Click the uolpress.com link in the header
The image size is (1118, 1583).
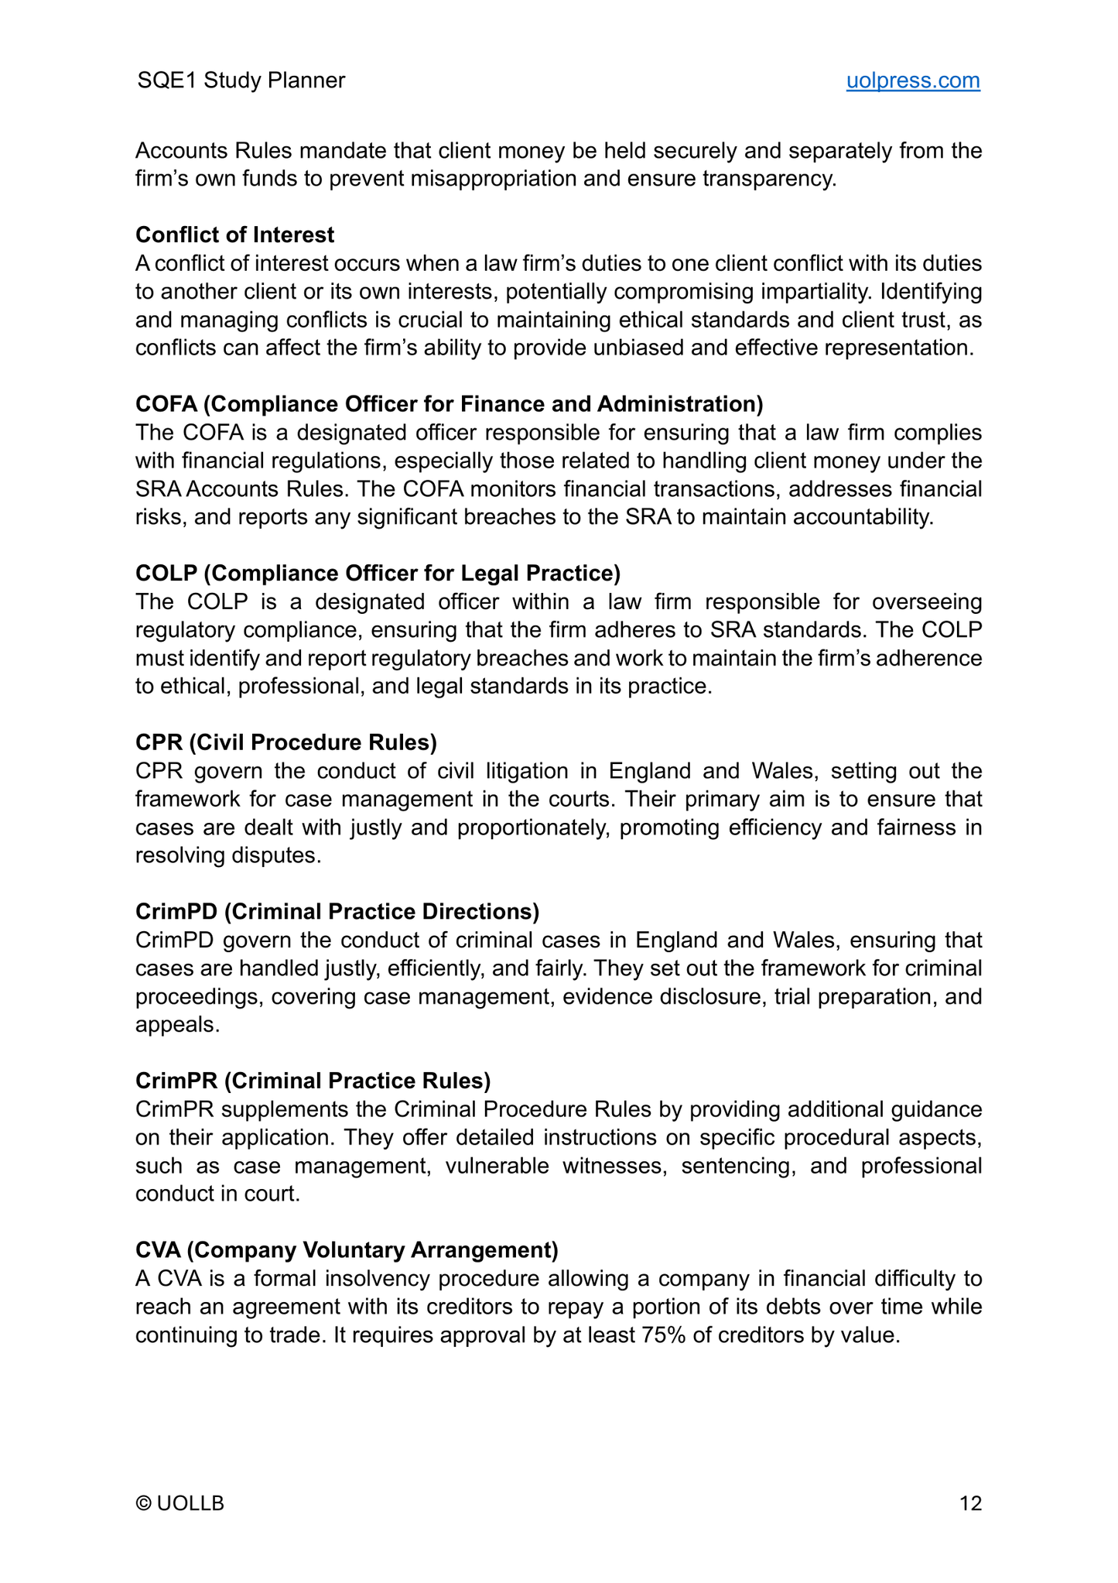912,81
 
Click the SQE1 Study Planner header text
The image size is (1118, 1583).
241,81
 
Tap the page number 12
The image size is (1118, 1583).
970,1503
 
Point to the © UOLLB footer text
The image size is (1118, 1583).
179,1503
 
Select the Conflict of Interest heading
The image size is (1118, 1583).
235,235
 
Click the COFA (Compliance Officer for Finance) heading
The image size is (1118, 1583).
449,404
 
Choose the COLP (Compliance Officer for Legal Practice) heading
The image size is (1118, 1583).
378,573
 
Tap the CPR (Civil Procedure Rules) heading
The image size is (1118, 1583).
286,742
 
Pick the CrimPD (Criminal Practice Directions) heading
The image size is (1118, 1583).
337,911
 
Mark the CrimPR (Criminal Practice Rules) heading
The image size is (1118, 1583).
313,1080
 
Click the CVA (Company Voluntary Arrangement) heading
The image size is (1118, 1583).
347,1249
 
